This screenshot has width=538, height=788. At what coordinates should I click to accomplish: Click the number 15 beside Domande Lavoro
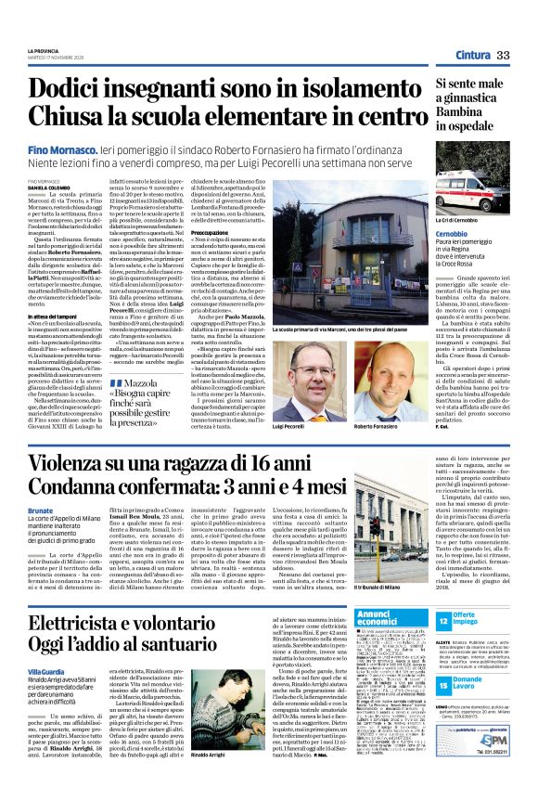click(x=445, y=686)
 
